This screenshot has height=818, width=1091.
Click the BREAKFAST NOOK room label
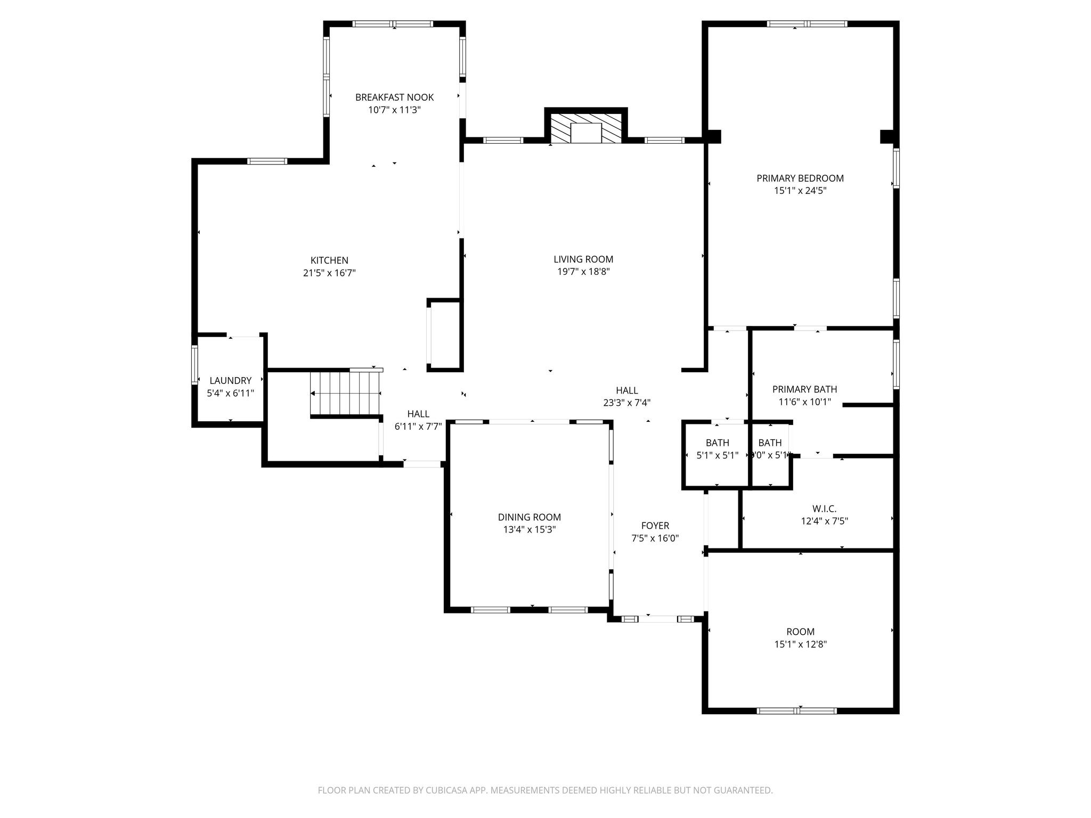pos(394,97)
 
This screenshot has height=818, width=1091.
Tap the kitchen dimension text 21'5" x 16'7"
pos(329,273)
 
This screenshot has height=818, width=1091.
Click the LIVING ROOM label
pos(583,259)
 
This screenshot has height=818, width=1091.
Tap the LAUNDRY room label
pos(230,381)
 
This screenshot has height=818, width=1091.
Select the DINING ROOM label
pos(529,517)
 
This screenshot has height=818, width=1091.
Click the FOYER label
pos(655,526)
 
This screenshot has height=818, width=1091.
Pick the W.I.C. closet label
pos(824,509)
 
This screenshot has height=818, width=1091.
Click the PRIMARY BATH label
pos(804,389)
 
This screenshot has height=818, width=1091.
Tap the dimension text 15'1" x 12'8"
pos(800,644)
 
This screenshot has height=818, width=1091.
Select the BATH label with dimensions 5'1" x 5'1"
pos(717,443)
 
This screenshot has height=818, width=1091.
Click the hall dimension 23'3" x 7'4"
pos(626,403)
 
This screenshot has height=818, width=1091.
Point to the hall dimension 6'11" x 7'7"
pos(418,427)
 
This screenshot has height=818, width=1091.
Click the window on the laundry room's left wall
pos(194,365)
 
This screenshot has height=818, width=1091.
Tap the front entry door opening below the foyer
pos(658,619)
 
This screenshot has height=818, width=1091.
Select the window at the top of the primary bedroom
pos(807,23)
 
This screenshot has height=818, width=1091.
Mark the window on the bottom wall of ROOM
pos(796,710)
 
